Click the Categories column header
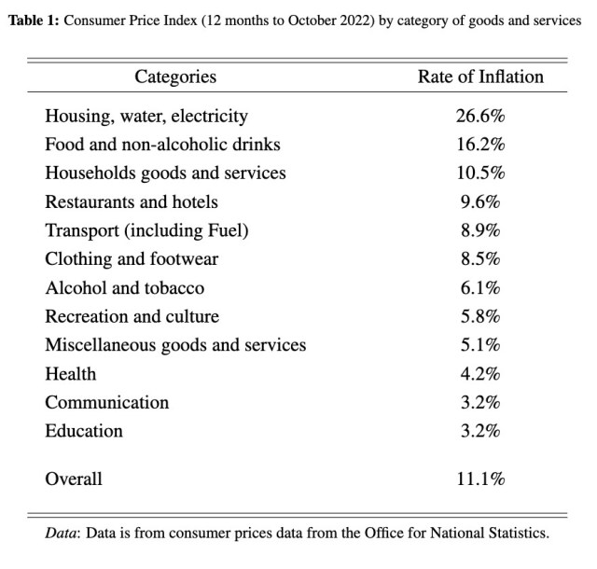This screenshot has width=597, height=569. click(175, 76)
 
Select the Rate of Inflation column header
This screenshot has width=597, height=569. click(480, 76)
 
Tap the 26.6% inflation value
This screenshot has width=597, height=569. click(481, 117)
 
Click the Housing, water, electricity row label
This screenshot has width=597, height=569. click(146, 117)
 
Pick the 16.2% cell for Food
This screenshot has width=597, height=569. click(481, 145)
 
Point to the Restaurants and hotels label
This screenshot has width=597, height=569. click(132, 201)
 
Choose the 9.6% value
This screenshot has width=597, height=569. click(481, 201)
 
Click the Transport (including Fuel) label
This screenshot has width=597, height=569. click(147, 230)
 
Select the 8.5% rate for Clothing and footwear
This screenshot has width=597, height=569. click(481, 259)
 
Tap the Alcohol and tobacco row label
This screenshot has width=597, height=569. click(125, 288)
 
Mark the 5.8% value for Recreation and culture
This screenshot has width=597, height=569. click(481, 316)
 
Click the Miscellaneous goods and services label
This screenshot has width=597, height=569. click(175, 345)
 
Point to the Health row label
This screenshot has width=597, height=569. click(71, 374)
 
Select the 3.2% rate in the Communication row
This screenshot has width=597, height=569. click(481, 402)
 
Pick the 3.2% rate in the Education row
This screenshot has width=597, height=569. click(481, 431)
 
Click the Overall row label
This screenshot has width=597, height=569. click(74, 479)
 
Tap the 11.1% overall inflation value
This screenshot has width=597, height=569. click(481, 479)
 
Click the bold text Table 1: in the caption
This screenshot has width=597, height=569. click(34, 21)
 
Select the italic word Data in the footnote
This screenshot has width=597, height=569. click(62, 534)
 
